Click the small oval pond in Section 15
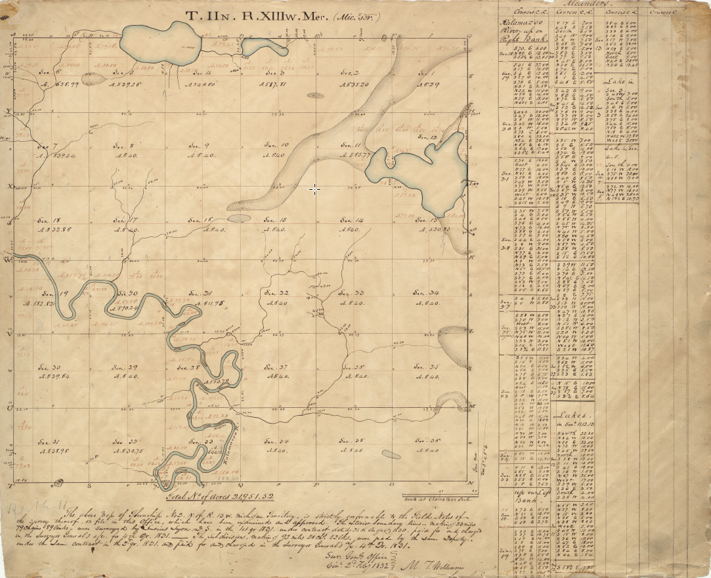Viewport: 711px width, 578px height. tap(240, 217)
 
